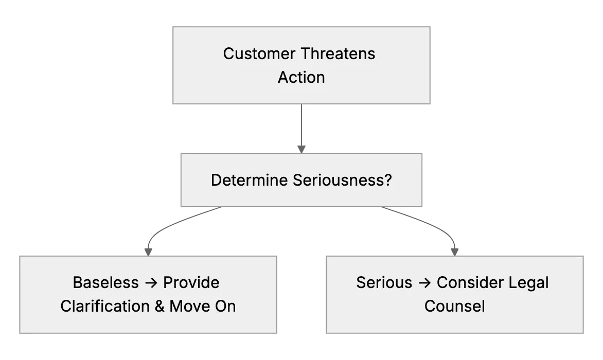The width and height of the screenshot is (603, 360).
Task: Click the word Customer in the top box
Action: coord(259,54)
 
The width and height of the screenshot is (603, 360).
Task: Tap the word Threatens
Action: coord(338,54)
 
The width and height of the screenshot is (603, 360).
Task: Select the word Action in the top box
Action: coord(302,77)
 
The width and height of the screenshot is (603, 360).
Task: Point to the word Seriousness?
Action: coord(342,180)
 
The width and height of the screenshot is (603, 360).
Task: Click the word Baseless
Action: coord(106,283)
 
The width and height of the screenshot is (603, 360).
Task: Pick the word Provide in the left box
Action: coord(191,283)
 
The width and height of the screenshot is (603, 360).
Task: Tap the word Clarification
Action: coord(105,306)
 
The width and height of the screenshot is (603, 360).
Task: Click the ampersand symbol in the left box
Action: coord(159,306)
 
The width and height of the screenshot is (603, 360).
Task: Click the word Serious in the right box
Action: coord(384,283)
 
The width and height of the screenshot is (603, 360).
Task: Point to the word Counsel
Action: coord(454,306)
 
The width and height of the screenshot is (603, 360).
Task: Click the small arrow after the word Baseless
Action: coord(151,283)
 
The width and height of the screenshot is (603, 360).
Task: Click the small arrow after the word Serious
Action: coord(424,283)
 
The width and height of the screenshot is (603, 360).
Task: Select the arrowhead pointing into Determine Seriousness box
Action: coord(302,150)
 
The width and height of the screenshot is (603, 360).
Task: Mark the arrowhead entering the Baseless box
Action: coord(149,252)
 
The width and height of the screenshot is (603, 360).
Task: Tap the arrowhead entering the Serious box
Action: coord(454,252)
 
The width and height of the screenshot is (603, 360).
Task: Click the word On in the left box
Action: coord(225,306)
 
